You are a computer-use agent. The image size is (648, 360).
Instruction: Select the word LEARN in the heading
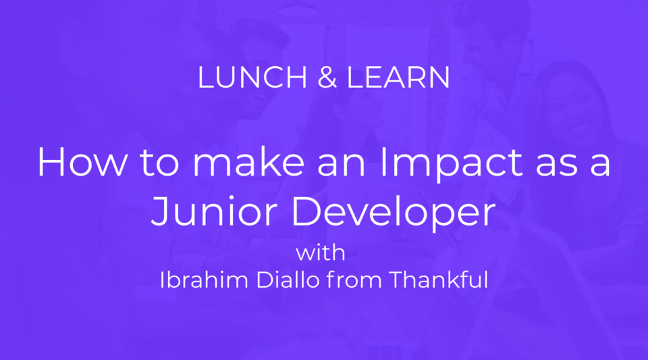[398, 78]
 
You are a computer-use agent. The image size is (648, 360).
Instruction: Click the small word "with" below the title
[321, 254]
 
